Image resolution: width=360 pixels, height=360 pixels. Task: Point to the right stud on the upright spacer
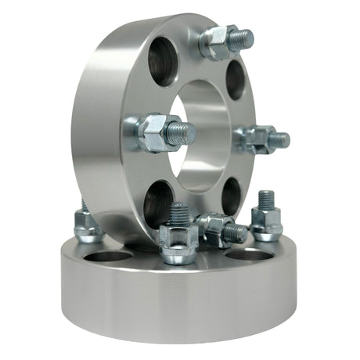pos(262,139)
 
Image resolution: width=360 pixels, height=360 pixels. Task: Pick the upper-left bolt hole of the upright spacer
pos(163,61)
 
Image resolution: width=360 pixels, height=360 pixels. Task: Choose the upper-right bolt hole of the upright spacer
pos(235,78)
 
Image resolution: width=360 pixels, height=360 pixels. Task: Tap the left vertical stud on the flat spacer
pos(85,223)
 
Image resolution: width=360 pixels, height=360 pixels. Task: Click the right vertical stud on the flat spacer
pos(266,216)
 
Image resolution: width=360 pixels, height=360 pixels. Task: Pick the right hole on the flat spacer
pos(249,254)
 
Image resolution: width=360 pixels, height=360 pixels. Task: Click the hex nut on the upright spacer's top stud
pos(214,43)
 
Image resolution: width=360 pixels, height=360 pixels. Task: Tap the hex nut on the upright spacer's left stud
pos(152,132)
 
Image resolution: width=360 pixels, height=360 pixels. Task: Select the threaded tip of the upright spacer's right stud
pos(280,140)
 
